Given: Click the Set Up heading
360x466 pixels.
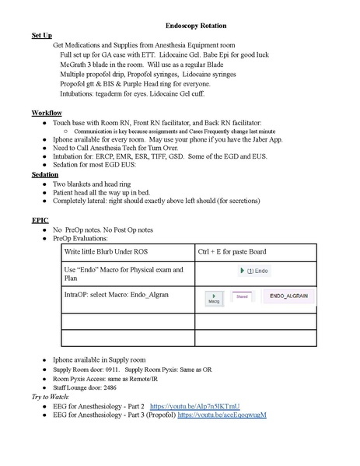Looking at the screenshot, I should pos(42,37).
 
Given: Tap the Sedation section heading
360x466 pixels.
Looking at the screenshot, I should pos(46,176).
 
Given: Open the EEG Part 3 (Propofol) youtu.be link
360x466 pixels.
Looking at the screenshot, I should pos(222,415).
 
